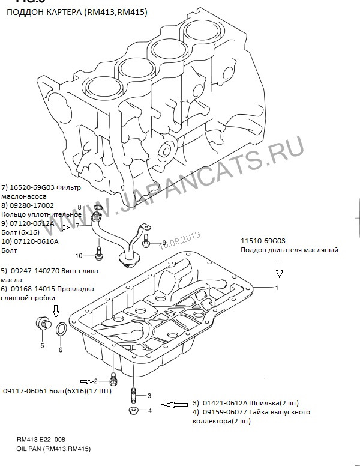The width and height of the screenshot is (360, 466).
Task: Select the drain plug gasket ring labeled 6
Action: [x=61, y=329]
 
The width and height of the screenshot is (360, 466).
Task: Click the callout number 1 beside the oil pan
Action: [x=277, y=288]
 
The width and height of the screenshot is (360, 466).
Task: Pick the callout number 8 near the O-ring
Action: [x=88, y=207]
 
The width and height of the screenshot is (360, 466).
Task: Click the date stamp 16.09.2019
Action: [x=179, y=240]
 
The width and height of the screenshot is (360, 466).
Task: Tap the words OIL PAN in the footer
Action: [x=29, y=449]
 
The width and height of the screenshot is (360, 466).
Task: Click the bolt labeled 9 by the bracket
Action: [x=146, y=242]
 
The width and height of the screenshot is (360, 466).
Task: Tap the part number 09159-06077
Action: [x=223, y=413]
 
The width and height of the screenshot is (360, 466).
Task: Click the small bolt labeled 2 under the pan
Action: [x=113, y=380]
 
